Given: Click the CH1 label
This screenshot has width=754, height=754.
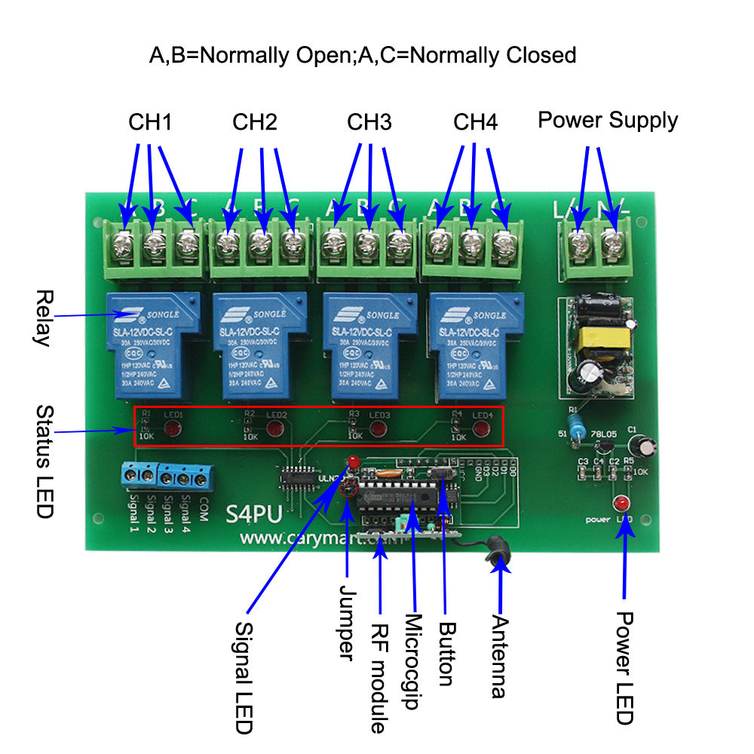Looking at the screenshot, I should point(149,121).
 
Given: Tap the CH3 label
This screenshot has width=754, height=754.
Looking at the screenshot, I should point(369,121).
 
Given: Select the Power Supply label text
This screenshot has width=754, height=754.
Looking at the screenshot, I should point(608,120).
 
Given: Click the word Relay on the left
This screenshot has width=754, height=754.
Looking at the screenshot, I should point(42,317).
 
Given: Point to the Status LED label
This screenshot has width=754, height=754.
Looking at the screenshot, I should point(44,461).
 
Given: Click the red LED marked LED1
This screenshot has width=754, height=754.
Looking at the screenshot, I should point(173,431).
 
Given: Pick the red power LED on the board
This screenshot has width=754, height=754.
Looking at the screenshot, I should point(621,504).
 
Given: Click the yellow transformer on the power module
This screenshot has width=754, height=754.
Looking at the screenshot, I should point(597,339).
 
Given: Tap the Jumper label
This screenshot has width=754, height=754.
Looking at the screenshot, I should point(346,623).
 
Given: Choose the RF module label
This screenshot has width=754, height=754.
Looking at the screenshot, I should point(379,672).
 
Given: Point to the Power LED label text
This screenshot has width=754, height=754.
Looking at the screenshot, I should point(624,667).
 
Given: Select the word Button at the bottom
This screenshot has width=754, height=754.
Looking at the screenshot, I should point(446,653).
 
